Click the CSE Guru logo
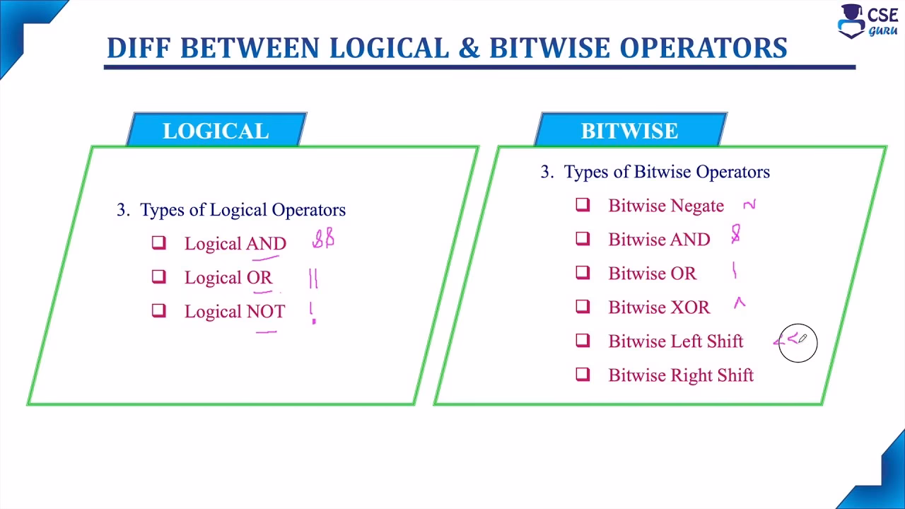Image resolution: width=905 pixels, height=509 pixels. (x=868, y=21)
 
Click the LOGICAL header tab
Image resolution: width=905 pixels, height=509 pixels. (x=216, y=131)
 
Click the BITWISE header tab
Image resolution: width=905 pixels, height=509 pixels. (x=629, y=131)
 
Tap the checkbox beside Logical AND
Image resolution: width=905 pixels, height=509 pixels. (x=158, y=243)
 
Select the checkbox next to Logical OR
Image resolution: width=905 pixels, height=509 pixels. (x=158, y=277)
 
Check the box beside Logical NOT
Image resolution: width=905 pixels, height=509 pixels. (x=158, y=311)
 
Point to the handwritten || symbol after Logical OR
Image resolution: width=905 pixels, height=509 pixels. (x=313, y=279)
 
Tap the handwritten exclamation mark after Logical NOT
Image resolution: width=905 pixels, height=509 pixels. (x=313, y=312)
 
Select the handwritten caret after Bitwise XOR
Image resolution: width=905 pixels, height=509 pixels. (x=739, y=303)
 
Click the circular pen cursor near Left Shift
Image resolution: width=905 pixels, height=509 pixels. (x=798, y=343)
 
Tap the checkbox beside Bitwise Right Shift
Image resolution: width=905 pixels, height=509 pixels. (x=583, y=375)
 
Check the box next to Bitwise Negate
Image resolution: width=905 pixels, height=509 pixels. (x=583, y=205)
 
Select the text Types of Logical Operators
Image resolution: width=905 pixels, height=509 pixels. (x=243, y=210)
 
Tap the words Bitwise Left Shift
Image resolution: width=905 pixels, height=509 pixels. (x=675, y=341)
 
